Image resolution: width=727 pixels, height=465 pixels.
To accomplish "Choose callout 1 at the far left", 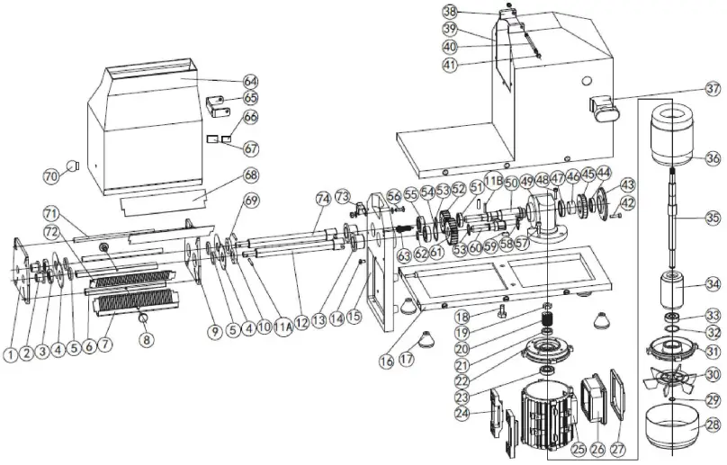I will tap(10, 354).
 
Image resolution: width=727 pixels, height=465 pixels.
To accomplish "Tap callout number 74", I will tap(322, 198).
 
